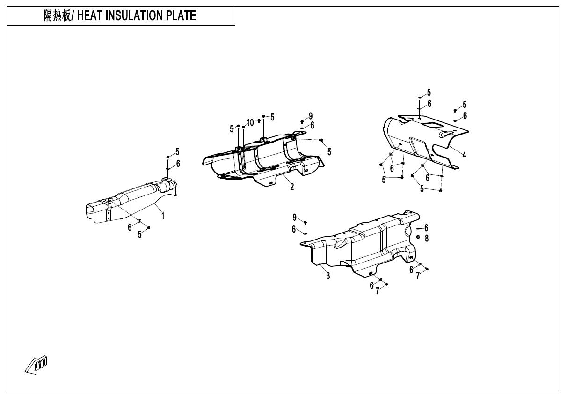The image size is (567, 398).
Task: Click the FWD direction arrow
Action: click(36, 365)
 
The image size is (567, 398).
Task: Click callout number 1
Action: click(163, 216)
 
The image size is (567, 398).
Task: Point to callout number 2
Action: click(292, 187)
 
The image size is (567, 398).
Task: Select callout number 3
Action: click(328, 276)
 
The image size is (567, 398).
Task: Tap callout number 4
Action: click(464, 155)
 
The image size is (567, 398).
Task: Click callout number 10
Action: click(250, 123)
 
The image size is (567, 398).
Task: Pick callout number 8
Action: click(427, 239)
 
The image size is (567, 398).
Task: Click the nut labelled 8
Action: click(418, 237)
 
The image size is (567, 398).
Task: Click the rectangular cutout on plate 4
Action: click(433, 125)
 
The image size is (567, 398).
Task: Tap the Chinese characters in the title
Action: click(58, 16)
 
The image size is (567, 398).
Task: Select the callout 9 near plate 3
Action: click(294, 218)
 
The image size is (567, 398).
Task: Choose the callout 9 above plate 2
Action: click(311, 116)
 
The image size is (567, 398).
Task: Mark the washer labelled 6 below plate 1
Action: click(139, 221)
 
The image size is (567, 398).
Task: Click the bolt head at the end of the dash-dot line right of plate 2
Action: click(322, 140)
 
